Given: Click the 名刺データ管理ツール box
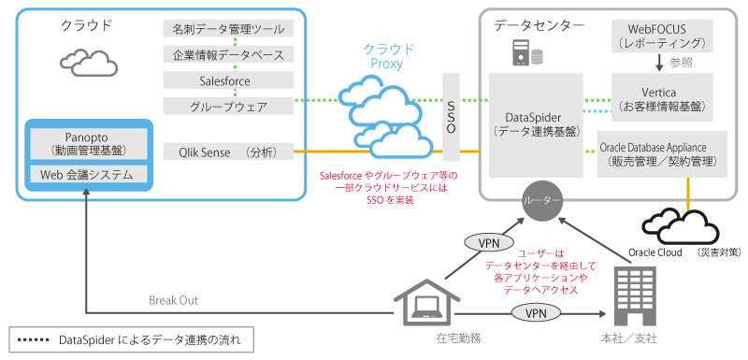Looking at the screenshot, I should point(228,30).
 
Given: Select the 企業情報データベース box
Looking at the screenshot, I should point(228,55).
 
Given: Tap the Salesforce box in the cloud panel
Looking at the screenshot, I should point(228,81).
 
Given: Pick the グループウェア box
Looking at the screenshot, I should point(228,107).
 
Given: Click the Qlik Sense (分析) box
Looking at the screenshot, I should point(228,151).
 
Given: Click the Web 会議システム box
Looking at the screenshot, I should point(87,175).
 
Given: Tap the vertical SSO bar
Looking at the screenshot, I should point(451,116).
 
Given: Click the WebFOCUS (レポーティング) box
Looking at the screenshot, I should point(663,35).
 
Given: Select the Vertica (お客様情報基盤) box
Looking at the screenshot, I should point(662,98).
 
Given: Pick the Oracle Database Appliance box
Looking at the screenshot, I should point(661,154).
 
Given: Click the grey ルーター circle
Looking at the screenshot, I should point(543,201).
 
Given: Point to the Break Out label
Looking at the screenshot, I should point(173,300).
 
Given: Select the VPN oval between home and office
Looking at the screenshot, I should point(535,313).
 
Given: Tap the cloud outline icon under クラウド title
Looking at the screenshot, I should point(89,62).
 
